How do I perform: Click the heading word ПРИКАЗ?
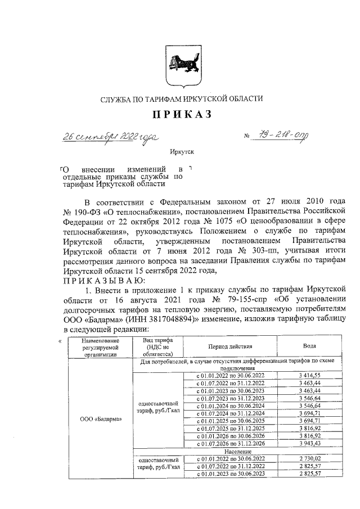click(181, 115)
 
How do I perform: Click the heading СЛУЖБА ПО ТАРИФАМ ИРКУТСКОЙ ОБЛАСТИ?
click(181, 98)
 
